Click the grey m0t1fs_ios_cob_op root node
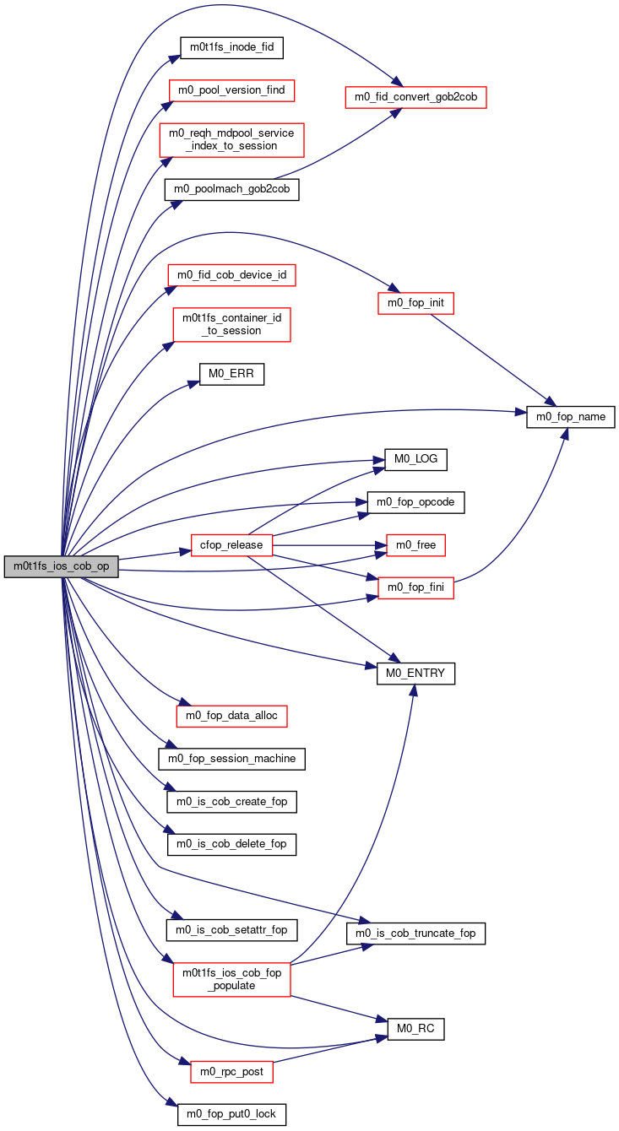(61, 566)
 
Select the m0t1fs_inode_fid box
(232, 47)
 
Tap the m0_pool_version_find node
(232, 90)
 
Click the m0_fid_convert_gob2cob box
(415, 97)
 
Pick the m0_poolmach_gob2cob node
(232, 189)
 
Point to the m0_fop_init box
(415, 303)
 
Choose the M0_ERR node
(232, 374)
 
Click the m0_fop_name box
(571, 417)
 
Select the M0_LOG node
(415, 459)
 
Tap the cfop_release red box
(232, 545)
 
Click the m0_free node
(415, 545)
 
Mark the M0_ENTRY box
(415, 674)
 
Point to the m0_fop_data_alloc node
(232, 716)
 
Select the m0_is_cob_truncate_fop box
(415, 933)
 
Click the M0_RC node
(415, 1029)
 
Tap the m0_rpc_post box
(232, 1072)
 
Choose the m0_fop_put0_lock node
(232, 1114)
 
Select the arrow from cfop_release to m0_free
(329, 545)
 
